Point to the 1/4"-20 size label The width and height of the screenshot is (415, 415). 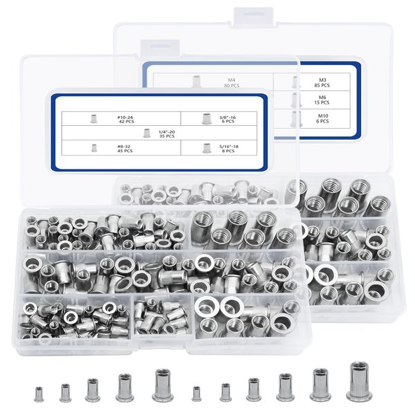[165, 131]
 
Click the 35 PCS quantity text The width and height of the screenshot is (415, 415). [165, 137]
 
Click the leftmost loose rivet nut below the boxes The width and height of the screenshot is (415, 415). [39, 394]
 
